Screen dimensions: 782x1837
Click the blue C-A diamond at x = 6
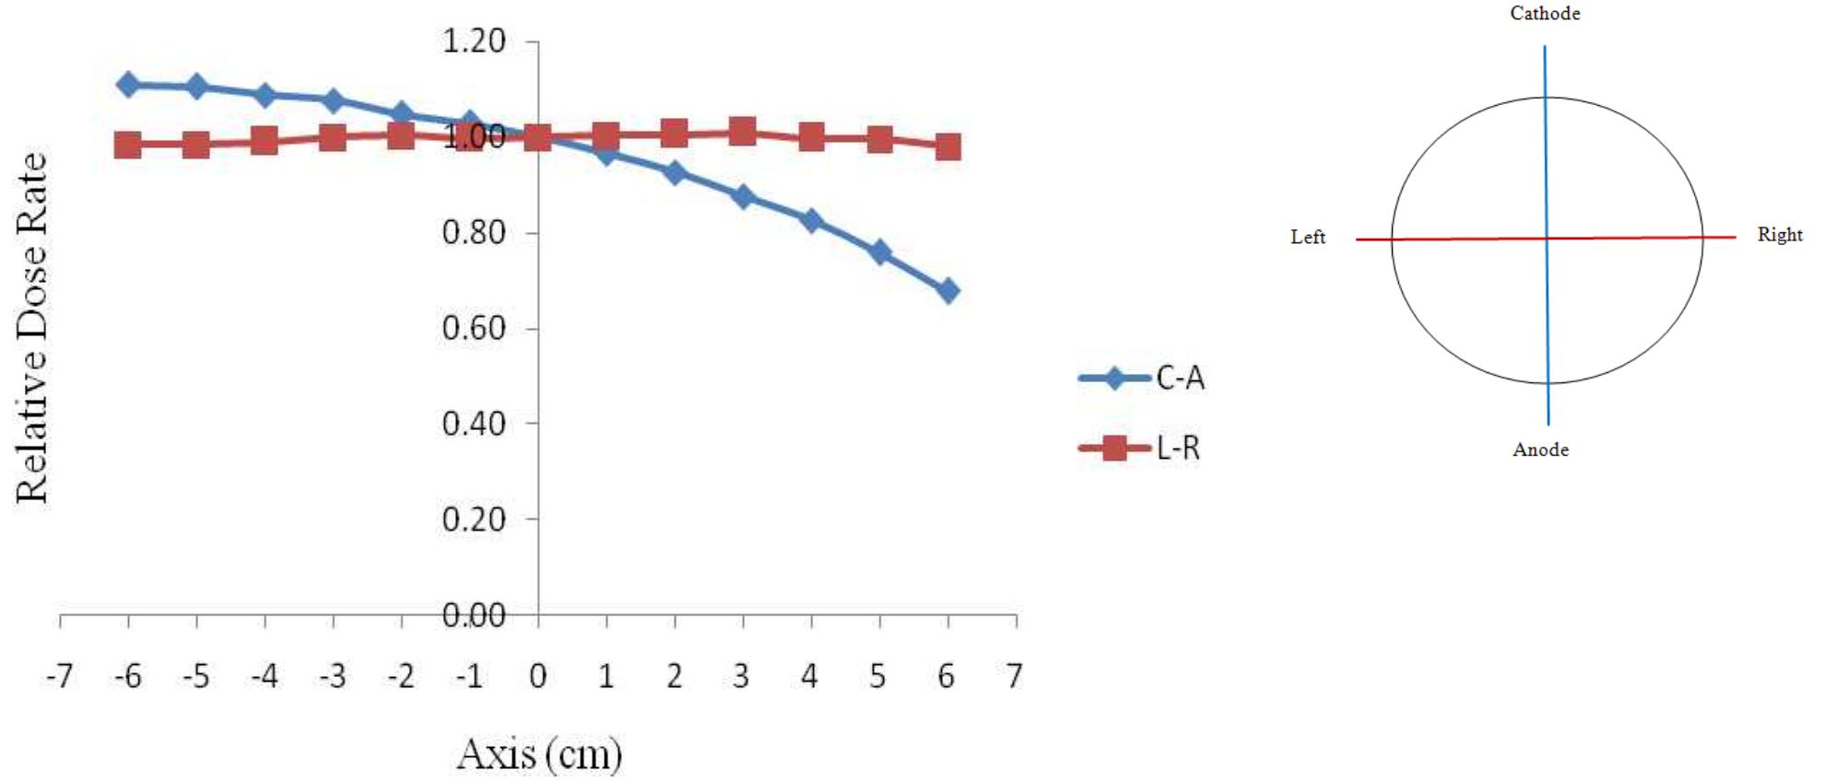pyautogui.click(x=948, y=291)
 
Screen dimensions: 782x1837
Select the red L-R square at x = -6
pyautogui.click(x=128, y=145)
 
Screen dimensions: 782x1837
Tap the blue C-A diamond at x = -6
pyautogui.click(x=128, y=85)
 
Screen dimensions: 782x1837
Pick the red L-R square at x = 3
pyautogui.click(x=742, y=132)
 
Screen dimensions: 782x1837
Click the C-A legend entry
pyautogui.click(x=1143, y=378)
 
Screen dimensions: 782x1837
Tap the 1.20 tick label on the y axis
pyautogui.click(x=474, y=41)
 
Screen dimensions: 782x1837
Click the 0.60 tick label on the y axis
pyautogui.click(x=474, y=328)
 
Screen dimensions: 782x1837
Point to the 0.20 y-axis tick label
pyautogui.click(x=474, y=519)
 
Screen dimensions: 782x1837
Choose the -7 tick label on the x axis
pyautogui.click(x=59, y=677)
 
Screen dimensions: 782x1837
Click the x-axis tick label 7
pyautogui.click(x=1015, y=677)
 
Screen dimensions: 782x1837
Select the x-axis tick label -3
pyautogui.click(x=332, y=677)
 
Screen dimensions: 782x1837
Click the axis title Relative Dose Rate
pyautogui.click(x=32, y=328)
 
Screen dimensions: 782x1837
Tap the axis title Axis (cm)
pyautogui.click(x=539, y=754)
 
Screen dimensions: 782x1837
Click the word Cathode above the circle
pyautogui.click(x=1545, y=14)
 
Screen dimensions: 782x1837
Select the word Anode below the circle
pyautogui.click(x=1540, y=450)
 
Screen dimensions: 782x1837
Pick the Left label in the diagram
pyautogui.click(x=1307, y=238)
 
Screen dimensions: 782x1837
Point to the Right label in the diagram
pyautogui.click(x=1779, y=235)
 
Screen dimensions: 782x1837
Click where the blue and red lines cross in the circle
pyautogui.click(x=1547, y=239)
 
